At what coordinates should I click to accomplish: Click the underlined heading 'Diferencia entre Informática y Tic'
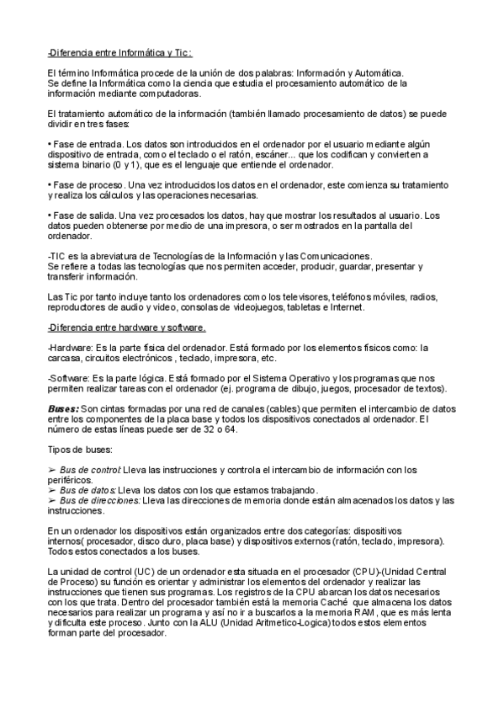pyautogui.click(x=120, y=52)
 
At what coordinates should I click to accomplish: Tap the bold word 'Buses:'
pyautogui.click(x=63, y=408)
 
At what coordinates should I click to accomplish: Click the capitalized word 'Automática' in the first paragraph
pyautogui.click(x=379, y=73)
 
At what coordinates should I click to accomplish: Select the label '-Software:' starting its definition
pyautogui.click(x=69, y=378)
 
